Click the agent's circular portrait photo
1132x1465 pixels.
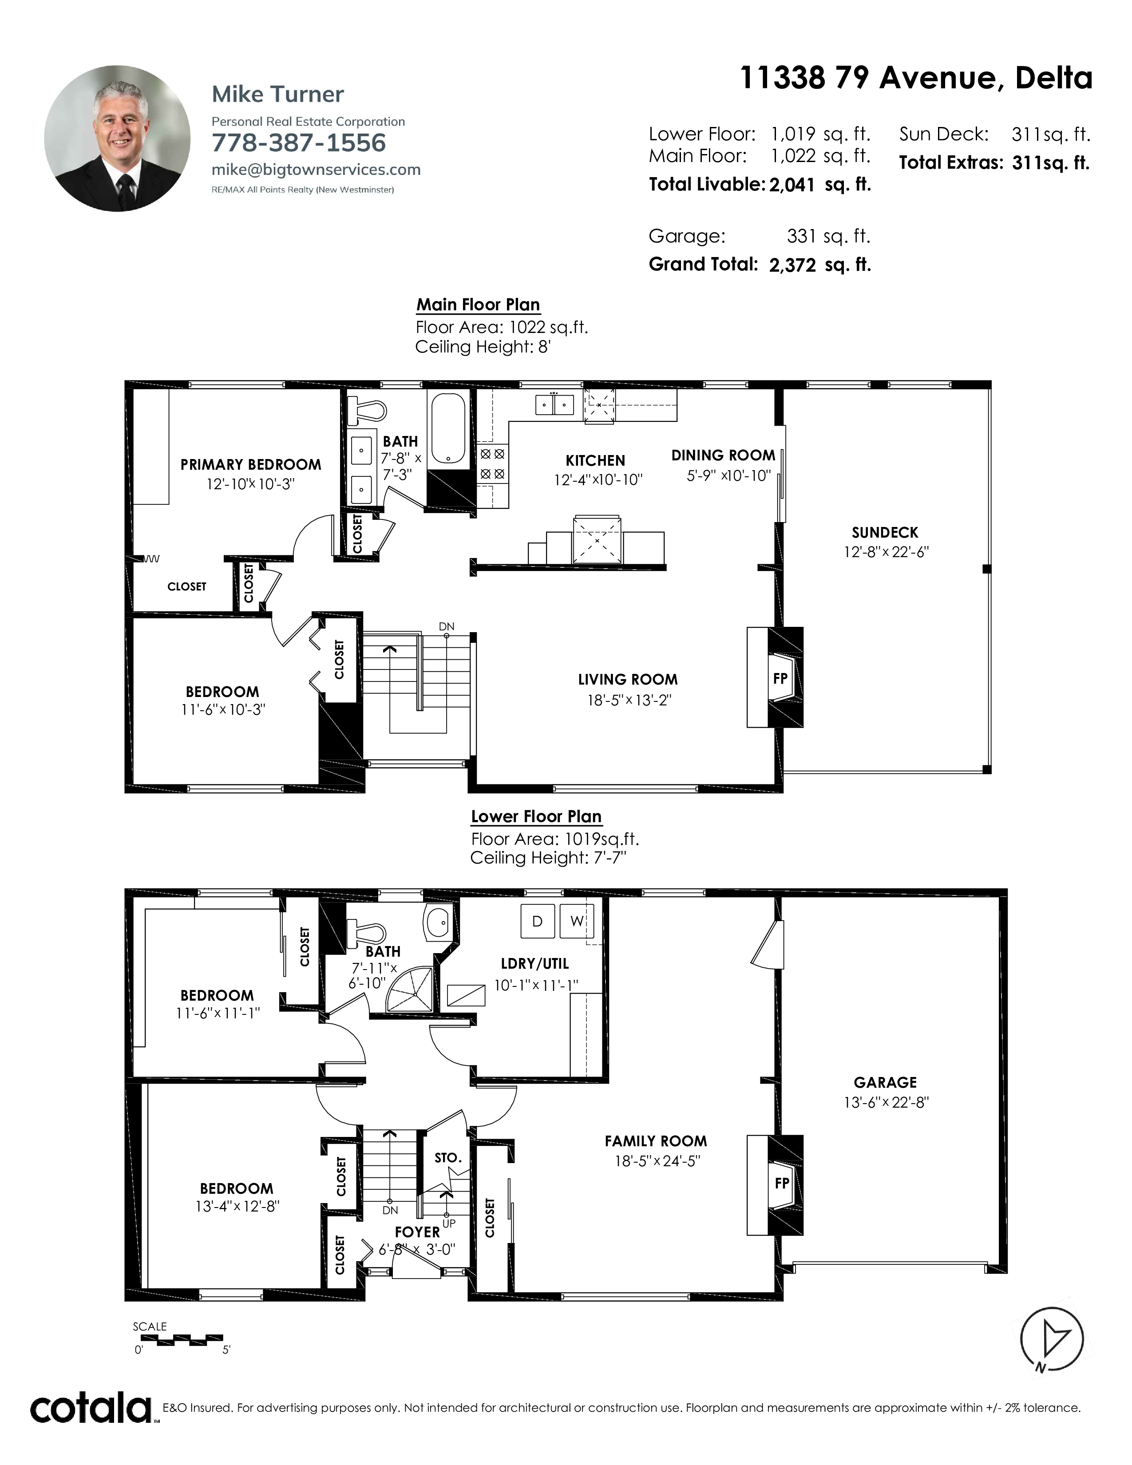(117, 138)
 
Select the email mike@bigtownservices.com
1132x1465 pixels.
(316, 170)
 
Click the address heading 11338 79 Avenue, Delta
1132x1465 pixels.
(916, 79)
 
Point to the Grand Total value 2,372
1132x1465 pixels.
(793, 265)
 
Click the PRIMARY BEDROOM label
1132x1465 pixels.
(251, 464)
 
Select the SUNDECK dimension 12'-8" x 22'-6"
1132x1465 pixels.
(886, 552)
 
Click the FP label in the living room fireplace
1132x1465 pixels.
(780, 678)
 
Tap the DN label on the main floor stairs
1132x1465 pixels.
(447, 626)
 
